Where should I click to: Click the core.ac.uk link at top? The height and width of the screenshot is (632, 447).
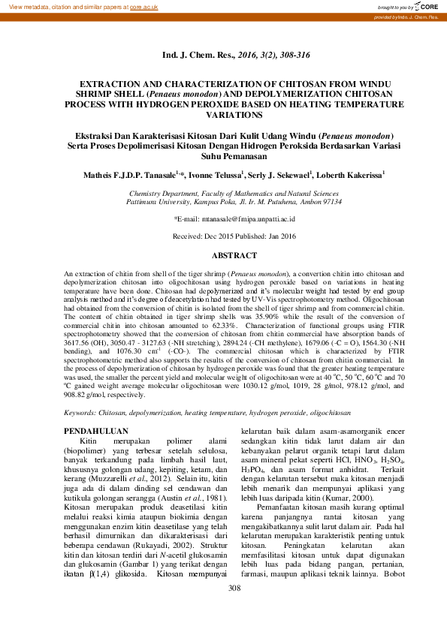tap(143, 7)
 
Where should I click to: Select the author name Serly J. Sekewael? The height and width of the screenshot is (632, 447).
tap(282, 175)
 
